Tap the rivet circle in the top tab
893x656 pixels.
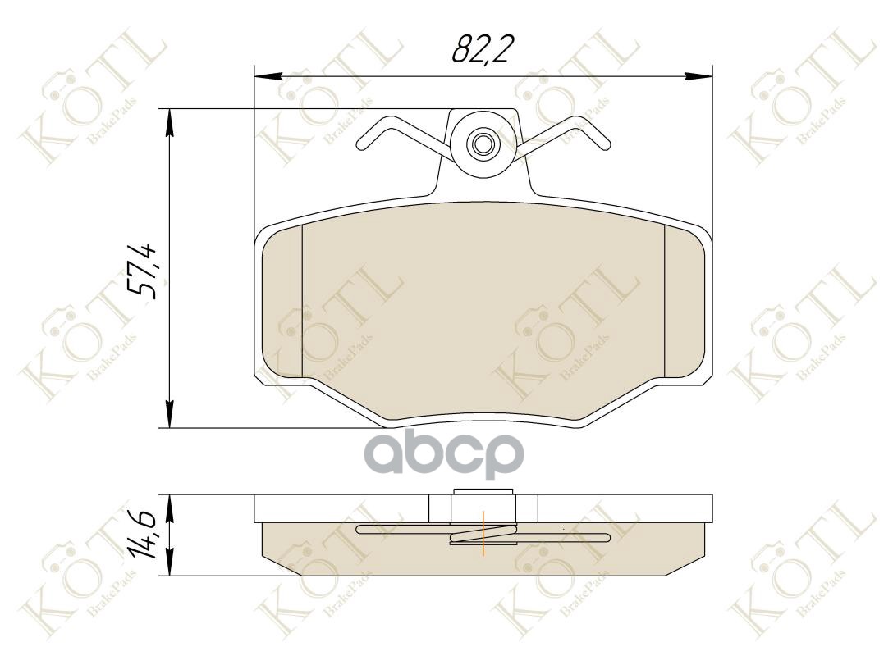point(482,144)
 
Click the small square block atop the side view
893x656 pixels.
point(483,503)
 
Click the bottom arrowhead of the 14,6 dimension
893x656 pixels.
point(170,567)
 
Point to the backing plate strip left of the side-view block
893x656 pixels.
point(341,508)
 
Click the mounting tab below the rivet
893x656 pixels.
point(484,184)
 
